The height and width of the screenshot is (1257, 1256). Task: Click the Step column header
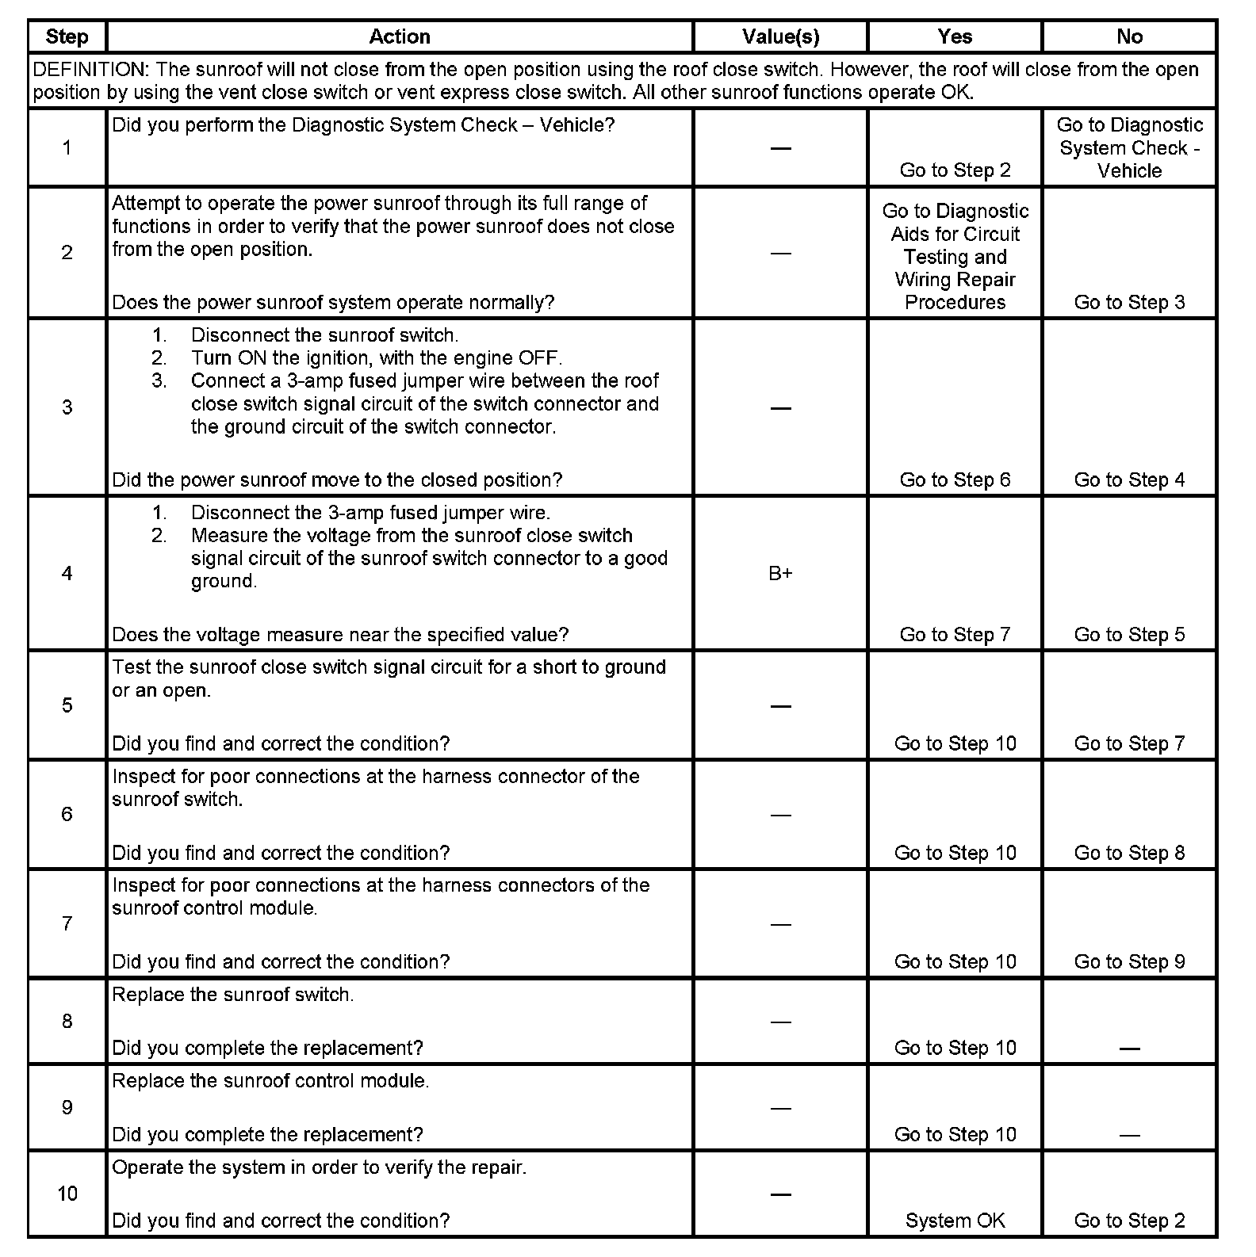click(x=67, y=36)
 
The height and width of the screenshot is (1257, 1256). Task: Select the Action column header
click(x=400, y=36)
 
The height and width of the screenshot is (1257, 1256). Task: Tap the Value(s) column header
click(x=780, y=36)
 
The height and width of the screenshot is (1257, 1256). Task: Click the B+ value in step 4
click(x=780, y=573)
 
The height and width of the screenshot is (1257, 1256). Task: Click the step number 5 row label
click(x=67, y=705)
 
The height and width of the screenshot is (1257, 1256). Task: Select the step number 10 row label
click(x=67, y=1194)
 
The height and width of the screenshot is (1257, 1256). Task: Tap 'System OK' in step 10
click(x=955, y=1221)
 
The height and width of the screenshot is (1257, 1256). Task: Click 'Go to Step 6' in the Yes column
click(x=955, y=479)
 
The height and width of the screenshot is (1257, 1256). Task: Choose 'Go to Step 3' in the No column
click(x=1129, y=302)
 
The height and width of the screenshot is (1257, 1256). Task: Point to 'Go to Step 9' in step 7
click(x=1129, y=961)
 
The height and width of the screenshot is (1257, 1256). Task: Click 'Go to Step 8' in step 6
click(x=1129, y=853)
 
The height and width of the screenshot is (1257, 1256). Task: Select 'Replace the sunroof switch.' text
click(x=233, y=995)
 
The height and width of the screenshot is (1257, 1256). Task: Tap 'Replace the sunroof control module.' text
click(x=270, y=1081)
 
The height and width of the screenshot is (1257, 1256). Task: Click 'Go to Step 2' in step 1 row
click(x=955, y=170)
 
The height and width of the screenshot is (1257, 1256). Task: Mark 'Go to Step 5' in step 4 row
click(x=1129, y=634)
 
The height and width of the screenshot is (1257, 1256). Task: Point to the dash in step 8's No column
click(x=1129, y=1049)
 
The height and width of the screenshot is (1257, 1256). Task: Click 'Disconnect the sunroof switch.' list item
click(x=324, y=334)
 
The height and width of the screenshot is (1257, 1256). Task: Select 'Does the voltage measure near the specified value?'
click(x=340, y=634)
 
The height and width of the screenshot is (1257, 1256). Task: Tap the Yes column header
click(x=955, y=36)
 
